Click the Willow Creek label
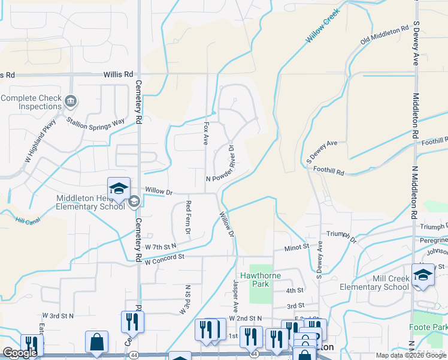(323, 25)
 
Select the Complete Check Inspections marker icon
(71, 100)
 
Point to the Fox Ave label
(206, 134)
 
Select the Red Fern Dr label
(188, 217)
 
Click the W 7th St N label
(161, 247)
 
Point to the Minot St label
(296, 246)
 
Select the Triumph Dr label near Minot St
(341, 235)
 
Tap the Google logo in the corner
(20, 353)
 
